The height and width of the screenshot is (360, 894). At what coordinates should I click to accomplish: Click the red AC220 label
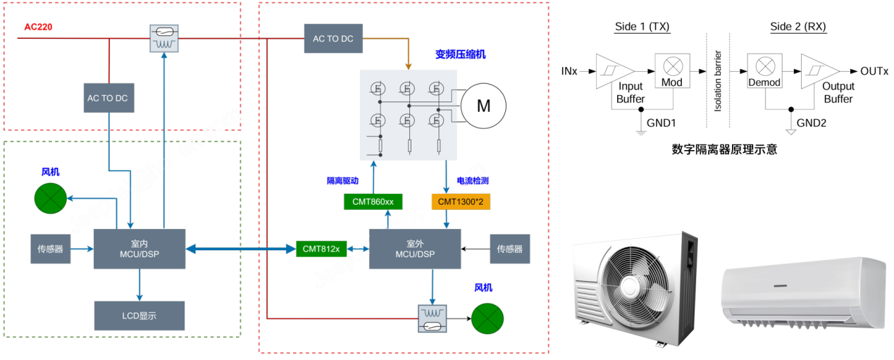[39, 27]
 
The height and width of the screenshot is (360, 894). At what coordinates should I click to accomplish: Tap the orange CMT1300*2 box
[461, 202]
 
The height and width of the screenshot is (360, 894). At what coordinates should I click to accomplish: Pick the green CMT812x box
[321, 249]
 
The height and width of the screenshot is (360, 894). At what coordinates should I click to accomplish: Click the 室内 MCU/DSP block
[139, 249]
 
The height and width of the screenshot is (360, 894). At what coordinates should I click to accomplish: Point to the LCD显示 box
[139, 316]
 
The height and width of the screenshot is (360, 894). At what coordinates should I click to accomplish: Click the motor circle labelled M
[483, 106]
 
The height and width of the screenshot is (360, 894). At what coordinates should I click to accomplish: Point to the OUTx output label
[874, 72]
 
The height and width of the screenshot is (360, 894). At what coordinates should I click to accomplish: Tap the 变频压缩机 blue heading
[460, 54]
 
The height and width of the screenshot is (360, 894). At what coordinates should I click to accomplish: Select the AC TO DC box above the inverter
[333, 38]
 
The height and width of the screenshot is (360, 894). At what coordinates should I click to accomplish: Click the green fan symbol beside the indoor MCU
[49, 198]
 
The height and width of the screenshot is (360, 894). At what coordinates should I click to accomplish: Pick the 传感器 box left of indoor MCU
[50, 249]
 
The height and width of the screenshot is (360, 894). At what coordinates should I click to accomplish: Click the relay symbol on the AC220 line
[164, 38]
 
